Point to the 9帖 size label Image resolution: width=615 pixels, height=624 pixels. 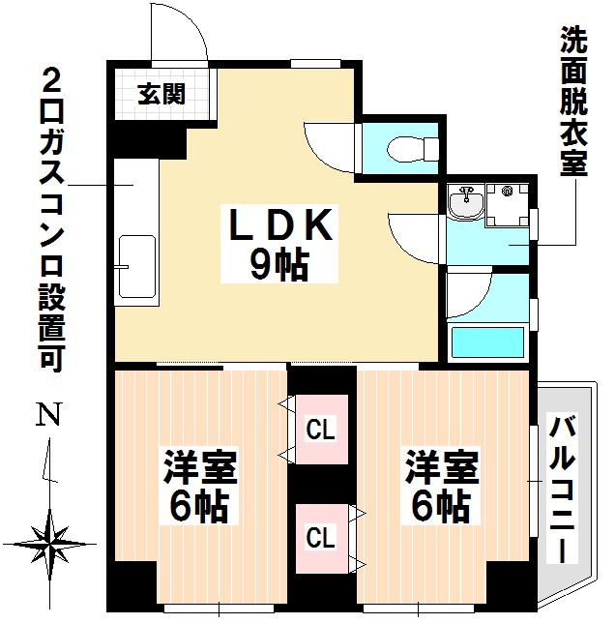tap(278, 264)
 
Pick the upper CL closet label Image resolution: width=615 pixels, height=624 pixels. tap(321, 429)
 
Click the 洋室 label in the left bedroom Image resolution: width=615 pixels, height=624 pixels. tap(200, 468)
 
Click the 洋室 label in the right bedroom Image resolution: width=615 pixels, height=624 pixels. tap(442, 468)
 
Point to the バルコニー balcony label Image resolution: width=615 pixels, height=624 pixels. tap(564, 490)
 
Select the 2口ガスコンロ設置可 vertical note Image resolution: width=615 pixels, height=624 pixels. tap(54, 219)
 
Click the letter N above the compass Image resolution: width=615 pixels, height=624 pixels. tap(45, 416)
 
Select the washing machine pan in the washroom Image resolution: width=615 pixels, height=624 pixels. tap(506, 204)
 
